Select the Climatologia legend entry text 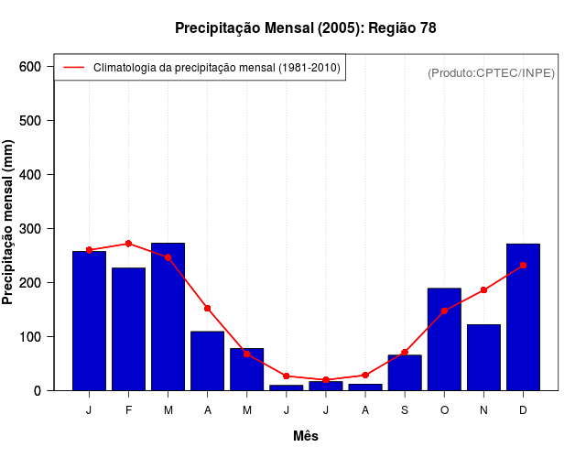(x=217, y=68)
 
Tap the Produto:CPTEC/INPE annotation (x=491, y=72)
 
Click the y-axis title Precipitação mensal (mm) (x=9, y=223)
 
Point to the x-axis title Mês (x=305, y=436)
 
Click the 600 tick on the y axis (x=30, y=67)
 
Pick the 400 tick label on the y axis (x=30, y=175)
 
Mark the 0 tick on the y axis (x=38, y=391)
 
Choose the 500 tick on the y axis (x=30, y=121)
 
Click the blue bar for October (x=444, y=339)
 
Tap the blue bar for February (x=128, y=329)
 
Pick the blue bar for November (x=483, y=357)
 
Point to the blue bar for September (x=405, y=372)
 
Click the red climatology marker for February (x=128, y=244)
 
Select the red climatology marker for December (x=523, y=266)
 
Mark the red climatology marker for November (x=483, y=290)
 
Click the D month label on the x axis (x=523, y=410)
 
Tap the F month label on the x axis (x=128, y=410)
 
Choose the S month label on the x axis (x=405, y=410)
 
